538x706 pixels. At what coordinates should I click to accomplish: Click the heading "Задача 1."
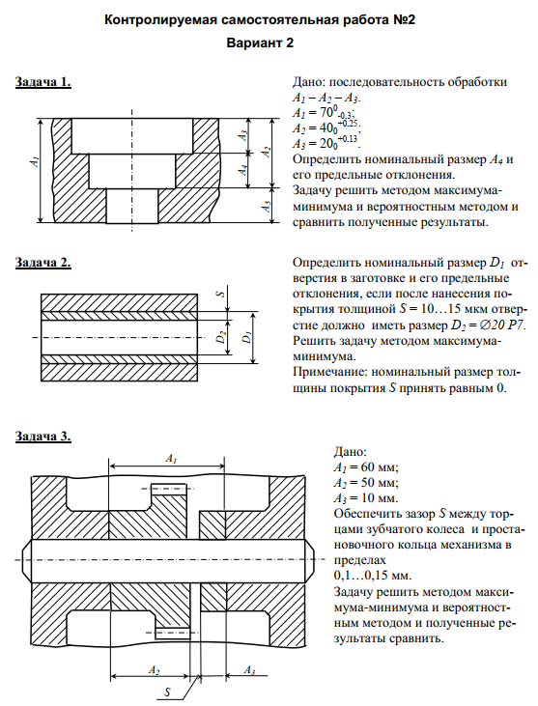pos(43,82)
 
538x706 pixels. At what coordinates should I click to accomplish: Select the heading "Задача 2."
pos(43,262)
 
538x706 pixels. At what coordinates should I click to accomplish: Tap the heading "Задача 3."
pos(43,436)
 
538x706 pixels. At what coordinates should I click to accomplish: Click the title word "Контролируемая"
pos(156,20)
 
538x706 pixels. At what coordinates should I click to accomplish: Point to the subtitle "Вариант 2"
pos(260,42)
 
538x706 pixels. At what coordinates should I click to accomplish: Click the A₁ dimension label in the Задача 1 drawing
pos(34,162)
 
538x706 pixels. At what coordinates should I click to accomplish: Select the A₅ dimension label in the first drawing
pos(267,207)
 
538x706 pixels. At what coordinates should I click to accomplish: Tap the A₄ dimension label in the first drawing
pos(242,170)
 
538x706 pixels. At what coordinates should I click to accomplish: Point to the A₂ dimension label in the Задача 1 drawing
pos(267,152)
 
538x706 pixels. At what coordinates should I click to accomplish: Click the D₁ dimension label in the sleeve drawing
pos(246,337)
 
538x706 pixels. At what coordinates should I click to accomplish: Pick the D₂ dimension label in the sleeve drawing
pos(220,337)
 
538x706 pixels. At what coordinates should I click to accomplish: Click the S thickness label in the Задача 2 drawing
pos(220,294)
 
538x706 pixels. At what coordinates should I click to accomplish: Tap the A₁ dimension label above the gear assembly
pos(171,459)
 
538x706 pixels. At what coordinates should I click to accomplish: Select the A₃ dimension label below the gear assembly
pos(249,670)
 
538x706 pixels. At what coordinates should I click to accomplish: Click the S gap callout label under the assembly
pos(167,692)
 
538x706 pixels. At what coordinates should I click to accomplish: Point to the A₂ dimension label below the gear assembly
pos(154,670)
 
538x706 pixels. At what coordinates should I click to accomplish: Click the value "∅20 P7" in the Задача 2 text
pos(489,325)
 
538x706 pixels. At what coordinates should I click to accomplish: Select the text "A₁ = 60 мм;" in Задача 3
pos(366,467)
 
